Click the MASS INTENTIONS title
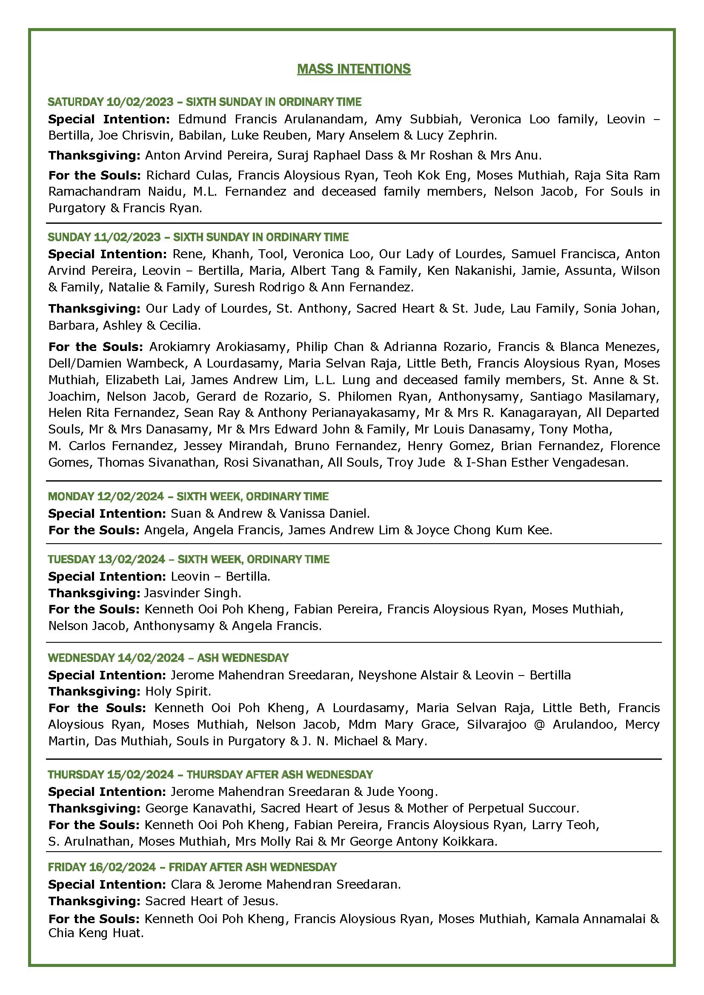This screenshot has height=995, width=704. click(x=354, y=69)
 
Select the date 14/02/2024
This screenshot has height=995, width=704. click(x=151, y=658)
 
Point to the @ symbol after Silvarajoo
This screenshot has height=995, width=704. click(x=539, y=724)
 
